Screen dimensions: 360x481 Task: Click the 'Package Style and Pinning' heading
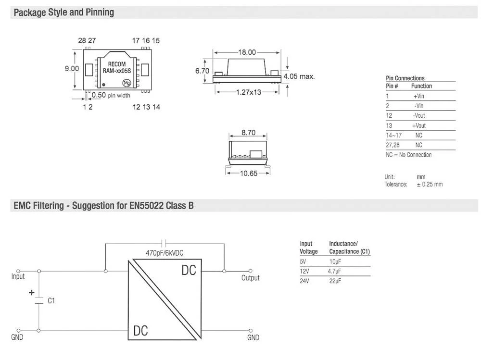coord(64,12)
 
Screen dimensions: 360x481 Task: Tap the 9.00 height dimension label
coord(72,69)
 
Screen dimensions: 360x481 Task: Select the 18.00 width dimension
coord(247,52)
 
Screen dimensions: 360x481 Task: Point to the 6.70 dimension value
coord(202,71)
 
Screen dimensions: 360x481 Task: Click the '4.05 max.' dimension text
coord(299,76)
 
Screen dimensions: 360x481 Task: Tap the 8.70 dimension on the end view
coord(248,133)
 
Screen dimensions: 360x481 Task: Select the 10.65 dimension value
coord(249,173)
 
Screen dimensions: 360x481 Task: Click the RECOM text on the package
coord(116,64)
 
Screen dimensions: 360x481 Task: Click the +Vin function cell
coord(418,96)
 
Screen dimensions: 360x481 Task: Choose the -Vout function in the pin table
coord(419,116)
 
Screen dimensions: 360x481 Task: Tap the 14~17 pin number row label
coord(392,135)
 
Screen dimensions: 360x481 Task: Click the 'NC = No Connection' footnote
coord(408,155)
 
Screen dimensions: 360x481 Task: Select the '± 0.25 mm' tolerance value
coord(430,185)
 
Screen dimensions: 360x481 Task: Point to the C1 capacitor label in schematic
coord(51,301)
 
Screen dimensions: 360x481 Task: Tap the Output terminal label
coord(250,278)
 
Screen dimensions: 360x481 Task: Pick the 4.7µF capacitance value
coord(335,271)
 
